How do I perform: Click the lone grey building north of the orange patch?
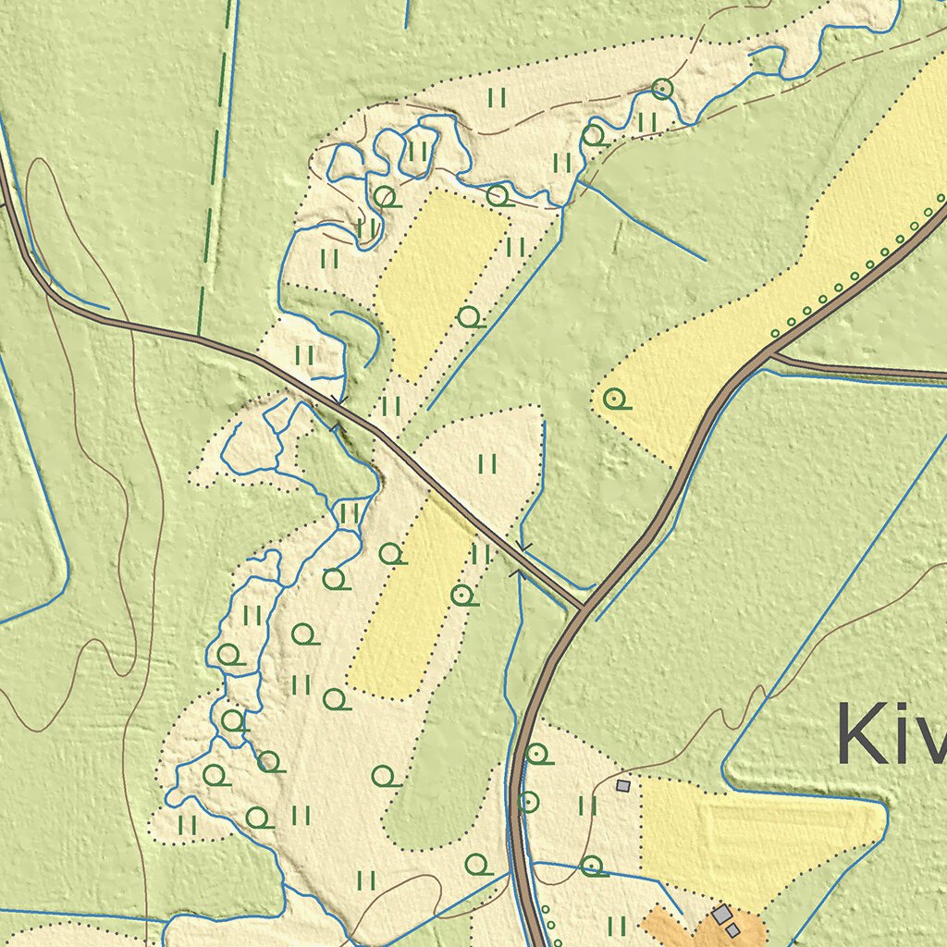click(623, 785)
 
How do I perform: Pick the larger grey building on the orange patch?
click(721, 915)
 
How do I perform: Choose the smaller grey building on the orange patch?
click(732, 930)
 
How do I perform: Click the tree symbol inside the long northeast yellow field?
click(614, 400)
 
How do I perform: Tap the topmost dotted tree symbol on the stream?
click(661, 90)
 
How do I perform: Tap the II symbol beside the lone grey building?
click(588, 806)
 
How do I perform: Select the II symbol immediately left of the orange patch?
click(618, 925)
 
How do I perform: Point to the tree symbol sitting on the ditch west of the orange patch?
click(593, 867)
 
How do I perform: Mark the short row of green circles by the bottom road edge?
click(547, 921)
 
